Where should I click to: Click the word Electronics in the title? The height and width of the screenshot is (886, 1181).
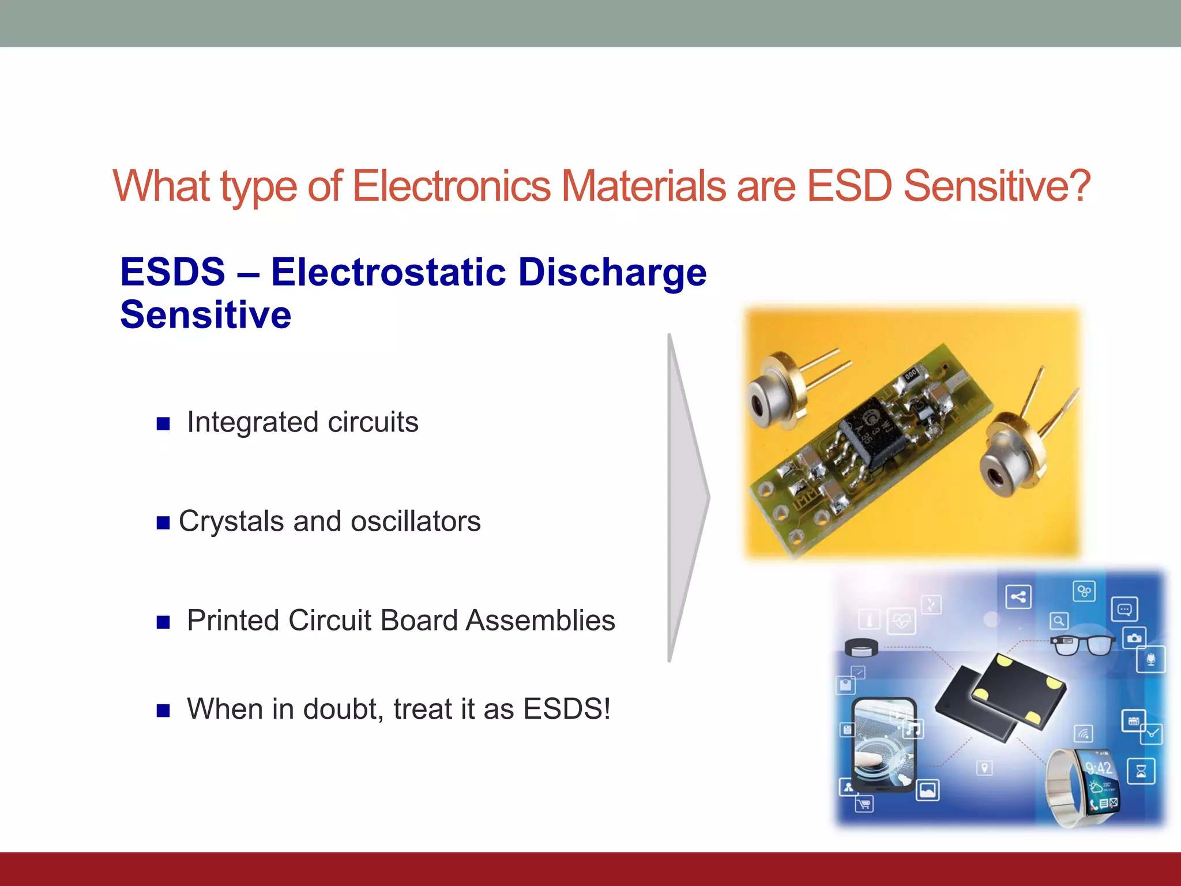tap(452, 186)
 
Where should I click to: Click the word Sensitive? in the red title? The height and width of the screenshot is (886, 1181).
tap(996, 186)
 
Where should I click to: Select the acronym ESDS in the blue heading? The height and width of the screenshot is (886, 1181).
tap(172, 272)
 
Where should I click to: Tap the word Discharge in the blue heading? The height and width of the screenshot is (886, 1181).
tap(612, 272)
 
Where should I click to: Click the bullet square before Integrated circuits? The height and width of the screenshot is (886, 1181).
tap(163, 424)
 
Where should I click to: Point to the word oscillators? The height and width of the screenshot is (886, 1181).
tap(415, 521)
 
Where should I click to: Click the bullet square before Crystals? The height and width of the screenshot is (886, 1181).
tap(163, 523)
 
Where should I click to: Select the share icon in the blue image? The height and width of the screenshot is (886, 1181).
tap(1018, 596)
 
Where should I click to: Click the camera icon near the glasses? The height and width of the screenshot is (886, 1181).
tap(1134, 638)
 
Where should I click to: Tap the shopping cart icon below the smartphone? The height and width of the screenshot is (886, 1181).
tap(864, 804)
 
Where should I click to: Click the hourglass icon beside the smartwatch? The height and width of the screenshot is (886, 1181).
tap(1141, 771)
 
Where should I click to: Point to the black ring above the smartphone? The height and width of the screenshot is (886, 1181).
tap(861, 648)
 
